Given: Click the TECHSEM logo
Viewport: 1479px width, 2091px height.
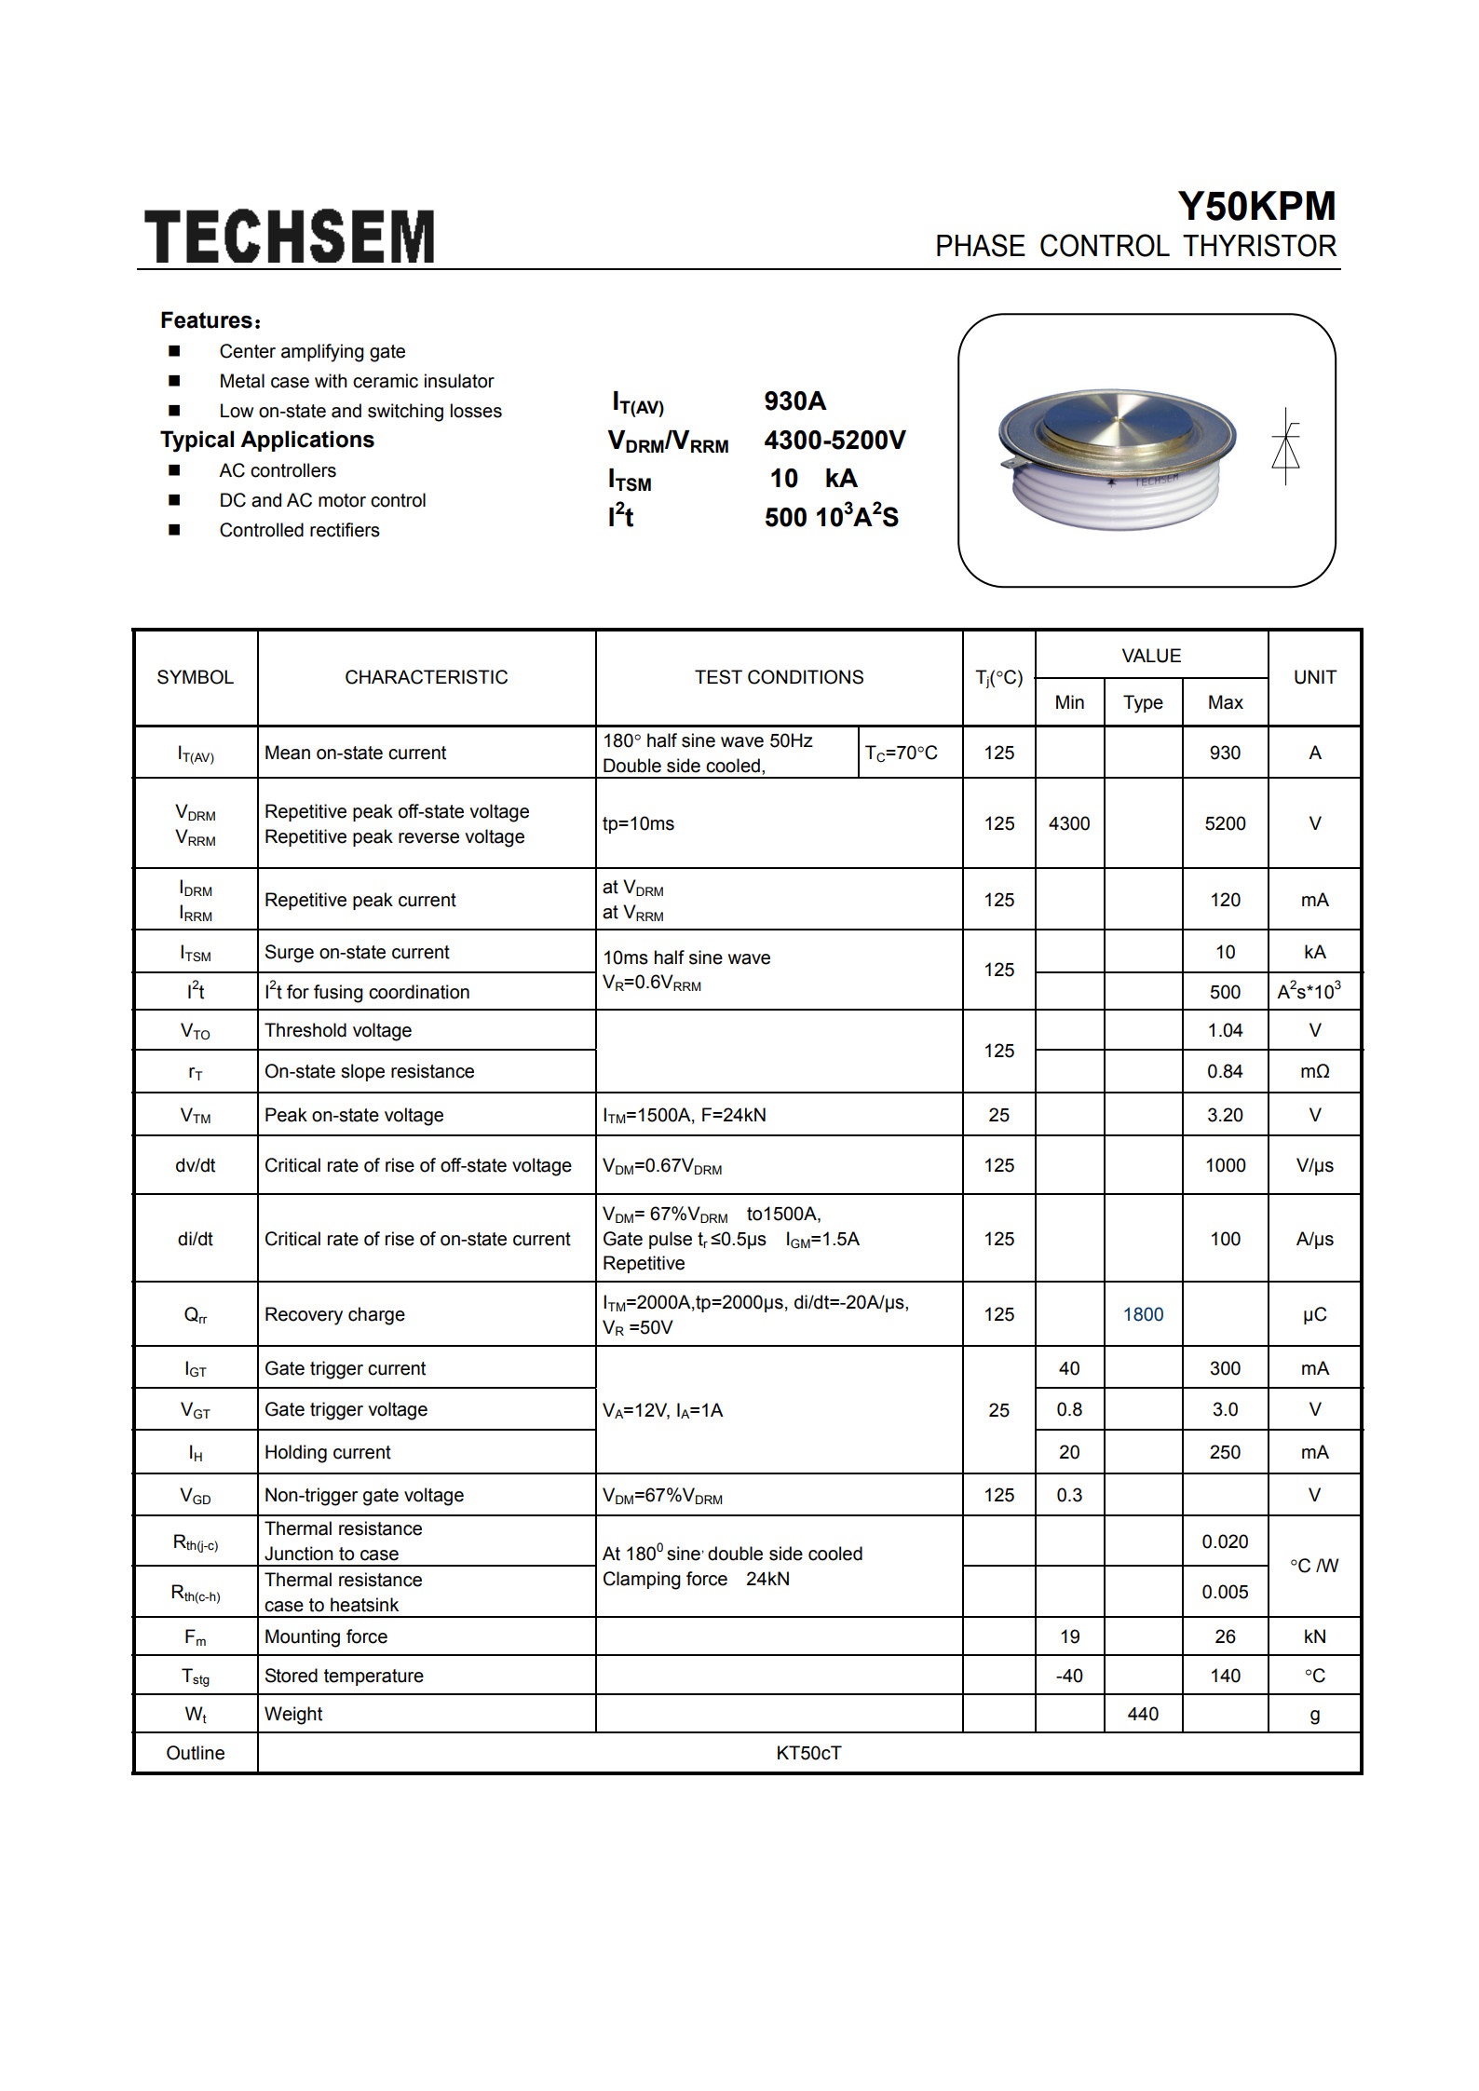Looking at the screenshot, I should [x=290, y=236].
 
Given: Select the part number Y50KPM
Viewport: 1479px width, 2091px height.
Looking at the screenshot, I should [x=1256, y=206].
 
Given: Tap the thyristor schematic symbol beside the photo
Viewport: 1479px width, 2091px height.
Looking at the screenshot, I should [x=1285, y=446].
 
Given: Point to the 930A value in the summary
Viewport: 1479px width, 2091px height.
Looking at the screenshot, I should [x=794, y=401].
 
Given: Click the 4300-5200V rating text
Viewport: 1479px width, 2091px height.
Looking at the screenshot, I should [x=834, y=441].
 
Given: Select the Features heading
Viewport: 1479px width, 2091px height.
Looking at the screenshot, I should [x=210, y=321].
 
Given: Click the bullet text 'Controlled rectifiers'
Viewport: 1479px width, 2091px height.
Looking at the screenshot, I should [x=299, y=530].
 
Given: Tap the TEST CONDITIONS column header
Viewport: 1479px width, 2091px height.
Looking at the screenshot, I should [x=779, y=677].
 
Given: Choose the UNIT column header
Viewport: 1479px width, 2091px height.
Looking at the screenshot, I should [x=1314, y=677].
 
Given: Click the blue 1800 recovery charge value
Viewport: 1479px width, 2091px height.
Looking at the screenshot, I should [x=1143, y=1314].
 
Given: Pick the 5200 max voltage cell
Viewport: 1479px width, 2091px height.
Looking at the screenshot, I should [x=1225, y=823].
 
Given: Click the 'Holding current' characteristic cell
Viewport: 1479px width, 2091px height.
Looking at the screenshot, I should [x=327, y=1452].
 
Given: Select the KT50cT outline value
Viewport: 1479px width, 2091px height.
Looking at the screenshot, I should [x=808, y=1753].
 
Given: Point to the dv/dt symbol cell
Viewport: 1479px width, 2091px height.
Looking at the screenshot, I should [x=196, y=1165].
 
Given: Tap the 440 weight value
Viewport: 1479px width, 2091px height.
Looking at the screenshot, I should [x=1143, y=1714].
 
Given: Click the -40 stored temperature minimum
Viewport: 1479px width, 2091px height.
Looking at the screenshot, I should [x=1069, y=1676].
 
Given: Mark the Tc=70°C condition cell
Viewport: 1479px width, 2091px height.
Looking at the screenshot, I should [x=901, y=754].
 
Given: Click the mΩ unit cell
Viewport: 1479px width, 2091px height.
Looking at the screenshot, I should [x=1314, y=1071].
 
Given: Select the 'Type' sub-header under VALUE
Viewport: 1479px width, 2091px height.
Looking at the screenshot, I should [x=1143, y=702].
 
